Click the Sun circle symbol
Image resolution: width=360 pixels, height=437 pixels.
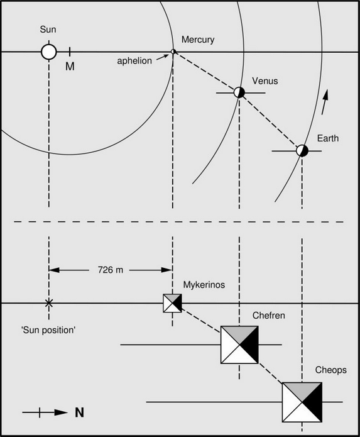tap(49, 52)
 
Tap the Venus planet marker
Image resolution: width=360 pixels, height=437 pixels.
tap(239, 92)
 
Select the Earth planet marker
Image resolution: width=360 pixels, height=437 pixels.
tap(302, 150)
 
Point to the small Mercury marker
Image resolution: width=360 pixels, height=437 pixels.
tap(173, 52)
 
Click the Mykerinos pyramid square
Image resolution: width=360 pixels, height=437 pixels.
tap(172, 303)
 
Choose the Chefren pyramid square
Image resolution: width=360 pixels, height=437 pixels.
tap(239, 345)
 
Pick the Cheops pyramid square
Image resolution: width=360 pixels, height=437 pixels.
tap(302, 402)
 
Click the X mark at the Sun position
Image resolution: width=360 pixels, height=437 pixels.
tap(49, 303)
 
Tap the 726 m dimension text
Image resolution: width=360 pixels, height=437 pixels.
tap(111, 270)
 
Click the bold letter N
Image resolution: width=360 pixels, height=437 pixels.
tap(79, 412)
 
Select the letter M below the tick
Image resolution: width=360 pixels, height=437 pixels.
tap(70, 66)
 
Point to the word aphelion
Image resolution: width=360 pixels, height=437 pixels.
tap(134, 61)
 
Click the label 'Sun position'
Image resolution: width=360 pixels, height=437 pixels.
tap(48, 330)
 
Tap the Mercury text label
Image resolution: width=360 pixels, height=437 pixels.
tap(198, 40)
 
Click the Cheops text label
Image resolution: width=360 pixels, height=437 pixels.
tap(330, 370)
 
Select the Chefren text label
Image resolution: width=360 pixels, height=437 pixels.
tap(269, 315)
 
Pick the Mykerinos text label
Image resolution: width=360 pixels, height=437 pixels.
tap(204, 285)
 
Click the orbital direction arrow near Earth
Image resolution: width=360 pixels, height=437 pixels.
tap(325, 102)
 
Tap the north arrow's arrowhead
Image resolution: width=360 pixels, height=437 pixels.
tap(61, 412)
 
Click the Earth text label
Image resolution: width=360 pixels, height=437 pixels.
tap(328, 138)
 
